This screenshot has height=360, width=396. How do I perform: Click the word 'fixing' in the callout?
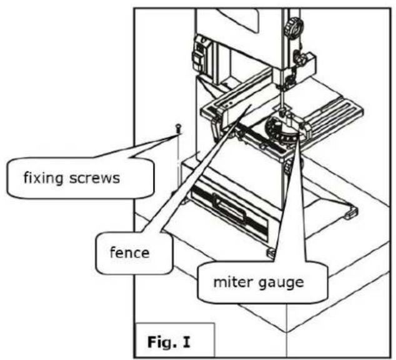43,178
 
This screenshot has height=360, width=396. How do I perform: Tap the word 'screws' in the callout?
94,178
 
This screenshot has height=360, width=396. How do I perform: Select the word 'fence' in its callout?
130,252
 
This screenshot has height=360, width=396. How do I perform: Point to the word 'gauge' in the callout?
281,283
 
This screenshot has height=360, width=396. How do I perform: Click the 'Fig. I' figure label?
169,341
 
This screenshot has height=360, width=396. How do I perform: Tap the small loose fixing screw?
178,129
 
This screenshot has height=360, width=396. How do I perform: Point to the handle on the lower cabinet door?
229,207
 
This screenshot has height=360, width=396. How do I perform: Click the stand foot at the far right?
351,212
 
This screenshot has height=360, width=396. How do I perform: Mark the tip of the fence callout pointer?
252,106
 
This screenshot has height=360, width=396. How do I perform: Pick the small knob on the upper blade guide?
299,57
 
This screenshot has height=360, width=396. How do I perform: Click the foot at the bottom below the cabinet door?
271,252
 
